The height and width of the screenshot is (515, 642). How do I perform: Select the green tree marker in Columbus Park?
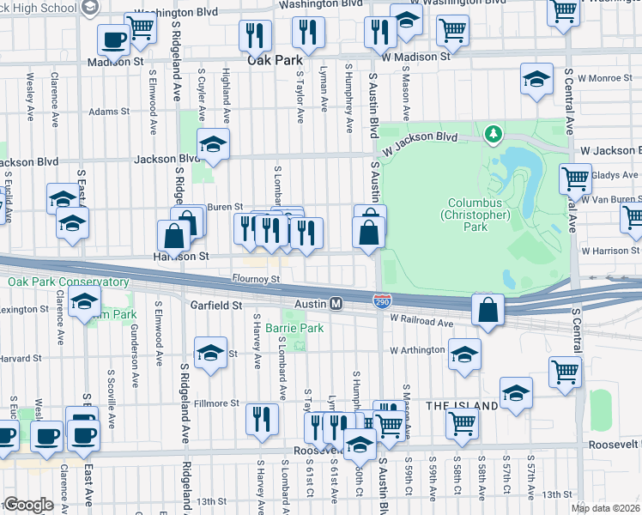493,134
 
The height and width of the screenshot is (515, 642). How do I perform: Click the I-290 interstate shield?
383,300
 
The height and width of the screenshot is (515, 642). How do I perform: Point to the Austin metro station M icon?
337,304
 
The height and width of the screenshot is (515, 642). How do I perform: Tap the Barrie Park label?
294,328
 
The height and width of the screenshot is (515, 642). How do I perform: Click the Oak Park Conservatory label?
69,282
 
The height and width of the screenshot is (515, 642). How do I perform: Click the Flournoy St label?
256,279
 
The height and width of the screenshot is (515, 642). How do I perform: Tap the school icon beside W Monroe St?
536,80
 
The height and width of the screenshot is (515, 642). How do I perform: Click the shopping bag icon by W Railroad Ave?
488,310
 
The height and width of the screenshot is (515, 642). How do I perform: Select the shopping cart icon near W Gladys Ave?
575,179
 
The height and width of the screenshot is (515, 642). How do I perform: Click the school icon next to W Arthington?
463,354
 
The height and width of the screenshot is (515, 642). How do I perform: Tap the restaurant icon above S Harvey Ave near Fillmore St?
262,418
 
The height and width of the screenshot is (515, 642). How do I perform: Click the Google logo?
27,505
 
